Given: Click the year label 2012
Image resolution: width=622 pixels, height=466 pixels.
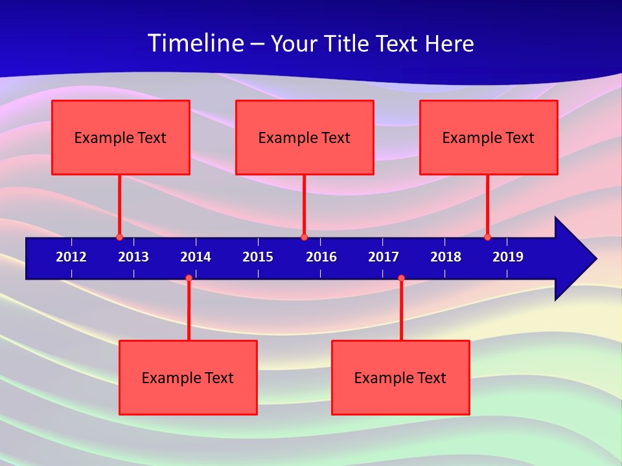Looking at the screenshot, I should coord(71,257).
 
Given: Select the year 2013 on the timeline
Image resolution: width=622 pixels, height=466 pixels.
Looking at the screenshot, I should coord(133,257).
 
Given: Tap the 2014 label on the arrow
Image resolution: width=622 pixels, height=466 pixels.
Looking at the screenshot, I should coord(196,257).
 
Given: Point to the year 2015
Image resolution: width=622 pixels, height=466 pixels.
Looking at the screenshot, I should coord(258,257).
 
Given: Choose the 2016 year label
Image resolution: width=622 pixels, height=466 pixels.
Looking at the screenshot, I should coord(321,257).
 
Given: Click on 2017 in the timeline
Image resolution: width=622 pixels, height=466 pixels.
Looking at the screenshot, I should coord(384,257).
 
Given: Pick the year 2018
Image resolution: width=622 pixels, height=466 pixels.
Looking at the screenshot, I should coord(446,257).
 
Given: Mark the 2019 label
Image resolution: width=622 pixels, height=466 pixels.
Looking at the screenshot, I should coord(508,257).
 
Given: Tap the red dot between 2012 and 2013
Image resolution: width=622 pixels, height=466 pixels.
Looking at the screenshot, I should coord(119,237).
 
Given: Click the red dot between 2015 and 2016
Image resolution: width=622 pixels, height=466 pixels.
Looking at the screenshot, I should coord(304,237).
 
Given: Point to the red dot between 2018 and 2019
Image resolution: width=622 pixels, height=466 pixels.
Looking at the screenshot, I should coord(487,237).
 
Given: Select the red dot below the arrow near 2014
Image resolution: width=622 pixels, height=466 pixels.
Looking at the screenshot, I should coord(189,278).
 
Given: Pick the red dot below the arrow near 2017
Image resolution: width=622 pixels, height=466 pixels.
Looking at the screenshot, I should coord(401,278).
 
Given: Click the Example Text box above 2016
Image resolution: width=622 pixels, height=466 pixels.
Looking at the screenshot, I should coord(305,137).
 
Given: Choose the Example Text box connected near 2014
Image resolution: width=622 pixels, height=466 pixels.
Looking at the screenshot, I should coord(188,377).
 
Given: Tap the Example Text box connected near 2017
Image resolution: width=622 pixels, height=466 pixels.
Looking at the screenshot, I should coord(400,377).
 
